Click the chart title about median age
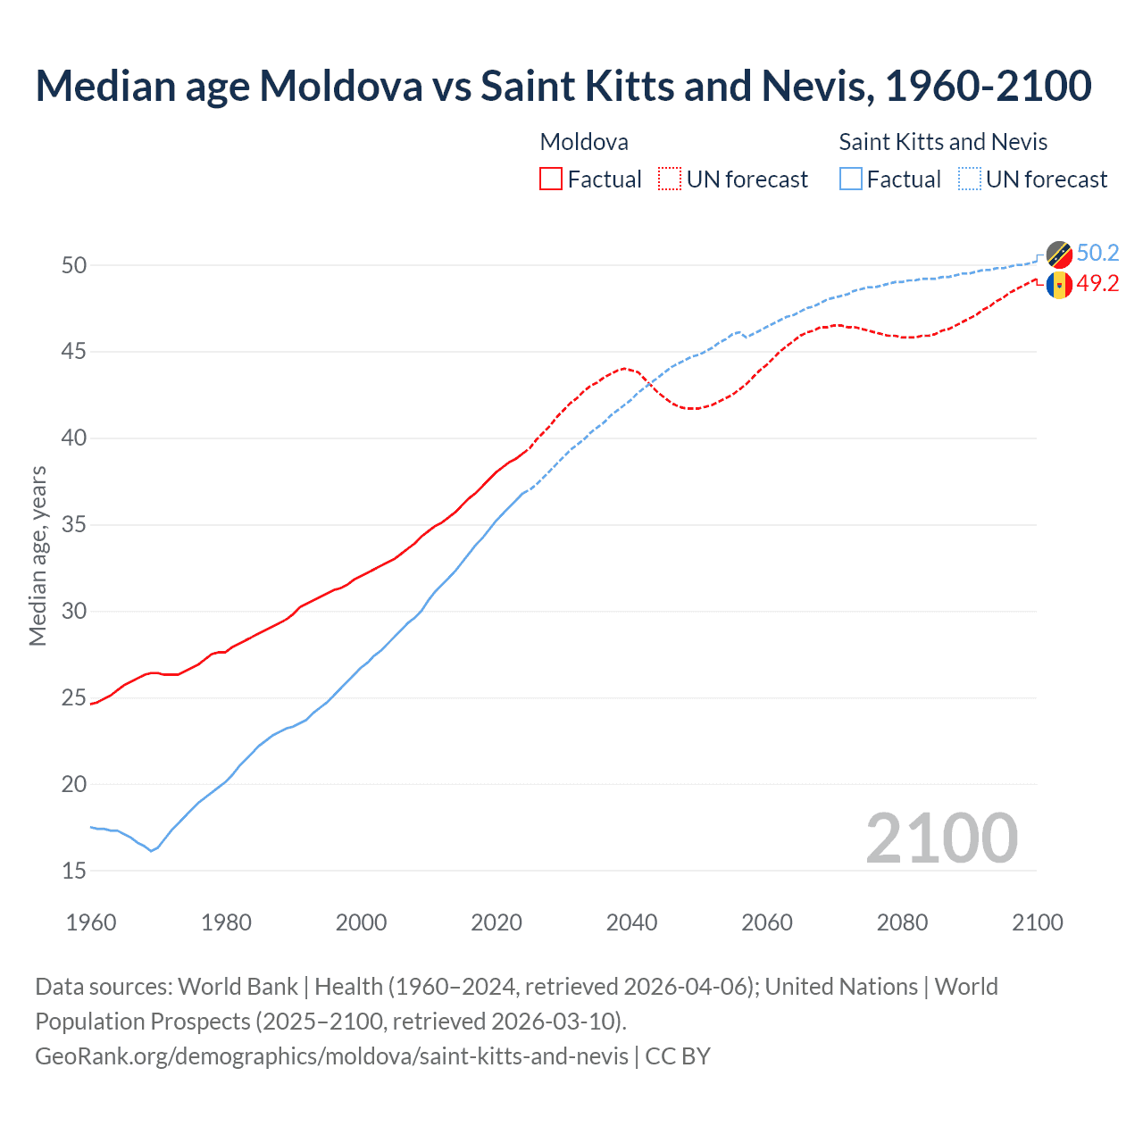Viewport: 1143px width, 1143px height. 563,86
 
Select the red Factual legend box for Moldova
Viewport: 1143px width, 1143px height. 551,179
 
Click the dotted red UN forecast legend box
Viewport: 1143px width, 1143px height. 670,179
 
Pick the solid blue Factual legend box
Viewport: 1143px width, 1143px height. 851,179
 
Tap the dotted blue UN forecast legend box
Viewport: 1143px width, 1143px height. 969,179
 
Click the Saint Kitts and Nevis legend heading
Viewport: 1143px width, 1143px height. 943,142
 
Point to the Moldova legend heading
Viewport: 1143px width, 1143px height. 584,142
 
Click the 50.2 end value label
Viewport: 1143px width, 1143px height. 1097,253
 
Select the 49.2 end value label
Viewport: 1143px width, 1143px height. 1097,283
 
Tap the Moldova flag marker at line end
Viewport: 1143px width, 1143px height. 1059,286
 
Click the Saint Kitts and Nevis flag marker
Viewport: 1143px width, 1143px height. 1059,254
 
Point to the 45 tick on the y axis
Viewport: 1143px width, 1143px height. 74,352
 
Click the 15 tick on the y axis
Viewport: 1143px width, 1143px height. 74,871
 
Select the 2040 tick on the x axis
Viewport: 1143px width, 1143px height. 631,922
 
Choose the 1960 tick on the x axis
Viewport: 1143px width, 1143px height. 91,922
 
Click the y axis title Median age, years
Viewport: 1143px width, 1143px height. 38,555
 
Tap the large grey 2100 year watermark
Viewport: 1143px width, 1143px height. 941,838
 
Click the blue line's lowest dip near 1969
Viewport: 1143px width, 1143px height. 151,851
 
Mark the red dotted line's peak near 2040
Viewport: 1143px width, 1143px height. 624,368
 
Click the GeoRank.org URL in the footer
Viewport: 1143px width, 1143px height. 331,1055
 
